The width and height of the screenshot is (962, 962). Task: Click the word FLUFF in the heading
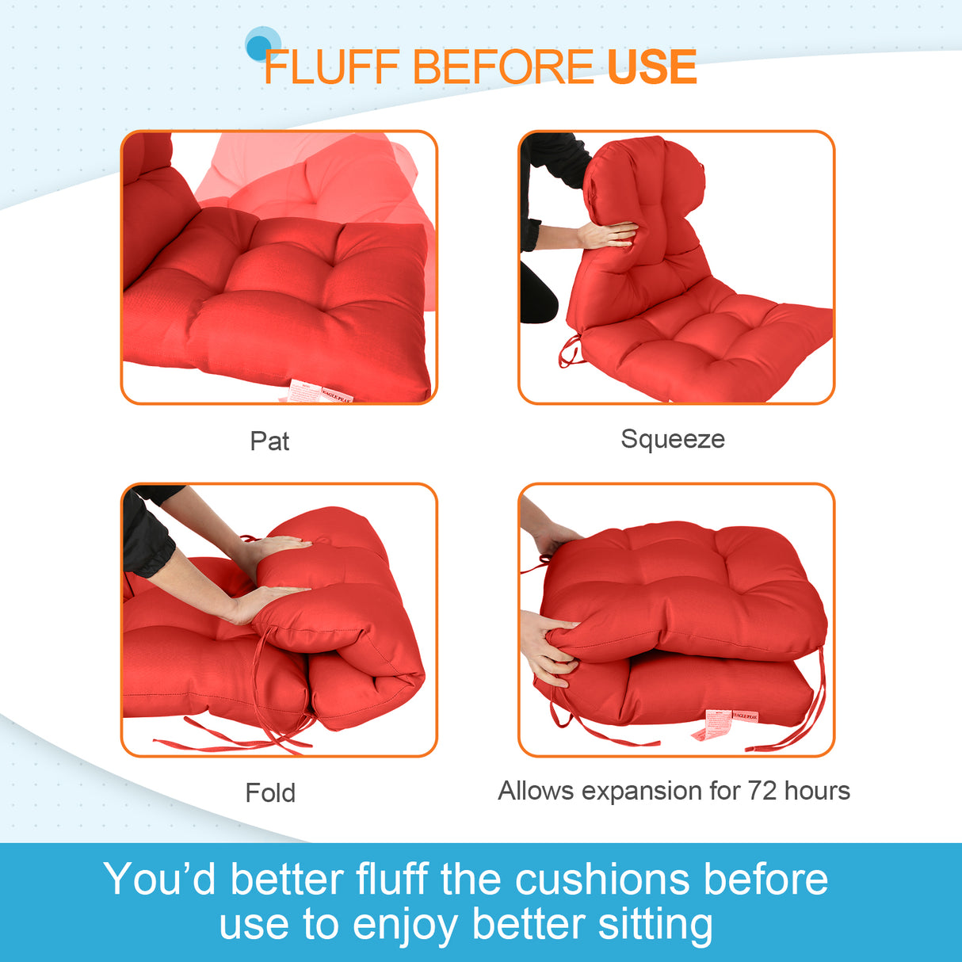pos(330,67)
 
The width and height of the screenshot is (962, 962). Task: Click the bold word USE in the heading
pos(651,67)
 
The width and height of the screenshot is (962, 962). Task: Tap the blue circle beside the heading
pos(261,45)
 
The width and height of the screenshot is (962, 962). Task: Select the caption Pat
pos(269,441)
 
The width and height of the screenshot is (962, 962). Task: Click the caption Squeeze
pos(672,439)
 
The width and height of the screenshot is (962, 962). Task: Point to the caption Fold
pos(270,792)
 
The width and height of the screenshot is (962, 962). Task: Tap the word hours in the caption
pos(817,791)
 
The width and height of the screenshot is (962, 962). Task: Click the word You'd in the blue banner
pos(159,880)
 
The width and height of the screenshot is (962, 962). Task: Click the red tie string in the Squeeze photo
pos(568,352)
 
